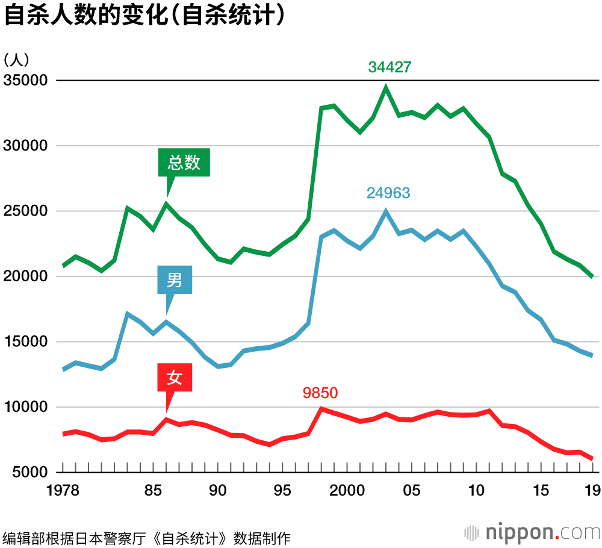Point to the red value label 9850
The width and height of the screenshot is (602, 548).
click(x=320, y=393)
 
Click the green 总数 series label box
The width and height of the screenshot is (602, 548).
click(x=184, y=163)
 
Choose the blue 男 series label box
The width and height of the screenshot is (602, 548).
click(x=175, y=281)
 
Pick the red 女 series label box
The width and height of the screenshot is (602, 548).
click(x=175, y=378)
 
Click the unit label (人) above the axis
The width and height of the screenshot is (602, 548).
click(x=17, y=59)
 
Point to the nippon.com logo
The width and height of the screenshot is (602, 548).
click(x=533, y=532)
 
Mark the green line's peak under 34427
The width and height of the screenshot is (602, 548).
click(x=386, y=88)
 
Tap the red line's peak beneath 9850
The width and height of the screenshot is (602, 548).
click(x=321, y=409)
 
